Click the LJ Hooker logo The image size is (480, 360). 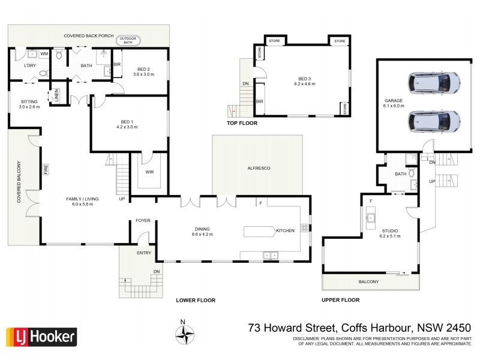(41, 337)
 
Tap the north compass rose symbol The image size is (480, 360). (184, 331)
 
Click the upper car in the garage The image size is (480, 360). (434, 82)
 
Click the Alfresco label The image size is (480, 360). (259, 169)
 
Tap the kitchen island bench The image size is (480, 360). (258, 231)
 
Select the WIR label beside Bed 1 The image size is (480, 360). (149, 172)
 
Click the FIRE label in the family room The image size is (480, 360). (46, 170)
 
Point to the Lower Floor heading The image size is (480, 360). (195, 300)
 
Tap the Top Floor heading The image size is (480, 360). (242, 123)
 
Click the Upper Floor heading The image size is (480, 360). (340, 300)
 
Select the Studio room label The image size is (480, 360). (389, 231)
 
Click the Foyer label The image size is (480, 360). (143, 220)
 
